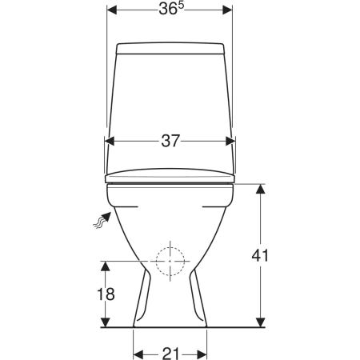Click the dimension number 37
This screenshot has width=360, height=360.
pos(170,141)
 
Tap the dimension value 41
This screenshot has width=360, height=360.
pos(260,255)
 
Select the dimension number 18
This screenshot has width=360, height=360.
pos(106,294)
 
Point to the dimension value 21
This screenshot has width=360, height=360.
pos(170,354)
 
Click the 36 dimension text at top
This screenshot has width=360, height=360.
pos(168,10)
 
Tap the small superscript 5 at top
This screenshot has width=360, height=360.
pos(181,6)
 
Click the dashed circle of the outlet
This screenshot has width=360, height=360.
pos(170,261)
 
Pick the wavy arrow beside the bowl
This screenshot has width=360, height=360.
pos(102,219)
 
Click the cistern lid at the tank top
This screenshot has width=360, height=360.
pos(170,49)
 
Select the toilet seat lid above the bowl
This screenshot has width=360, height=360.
pos(170,176)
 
